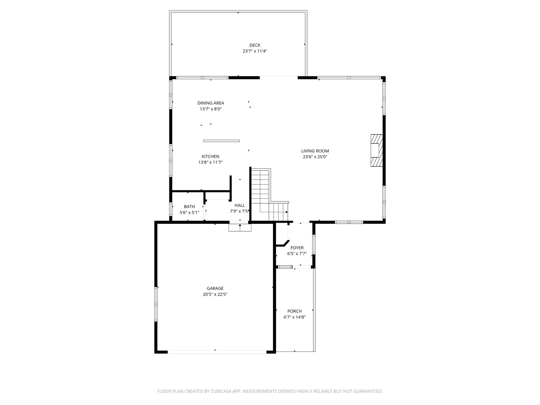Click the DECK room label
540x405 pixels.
coord(254,45)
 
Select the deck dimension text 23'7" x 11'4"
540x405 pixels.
coord(254,51)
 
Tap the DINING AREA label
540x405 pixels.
coord(211,103)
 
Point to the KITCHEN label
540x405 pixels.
coord(210,156)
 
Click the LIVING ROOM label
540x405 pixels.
coord(315,151)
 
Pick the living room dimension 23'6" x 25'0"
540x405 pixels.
coord(315,157)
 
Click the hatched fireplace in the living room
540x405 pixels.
coord(377,150)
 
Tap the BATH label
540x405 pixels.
coord(189,207)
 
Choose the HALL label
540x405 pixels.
coord(240,205)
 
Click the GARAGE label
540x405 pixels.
coord(215,288)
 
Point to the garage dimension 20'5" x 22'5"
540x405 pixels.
coord(215,294)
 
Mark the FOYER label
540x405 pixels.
coord(297,248)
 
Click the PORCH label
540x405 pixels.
coord(295,311)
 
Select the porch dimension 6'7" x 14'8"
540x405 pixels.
coord(295,317)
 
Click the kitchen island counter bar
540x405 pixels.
coord(221,141)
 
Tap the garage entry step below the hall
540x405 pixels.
coord(240,227)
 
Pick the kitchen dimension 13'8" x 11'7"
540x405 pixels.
coord(210,162)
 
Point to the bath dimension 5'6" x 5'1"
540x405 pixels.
coord(189,213)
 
